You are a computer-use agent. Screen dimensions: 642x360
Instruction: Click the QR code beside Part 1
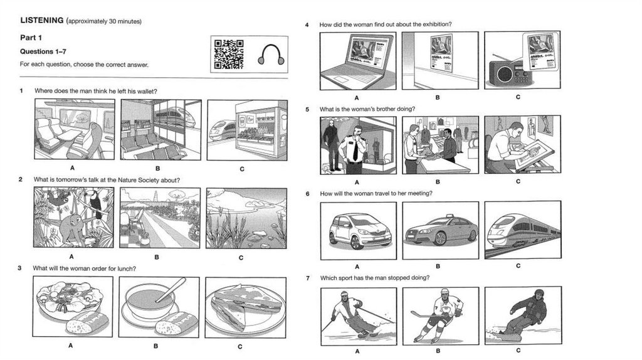[x=228, y=54]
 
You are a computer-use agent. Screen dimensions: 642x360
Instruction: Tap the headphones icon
[x=271, y=55]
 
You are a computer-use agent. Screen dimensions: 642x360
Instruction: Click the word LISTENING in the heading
[x=42, y=20]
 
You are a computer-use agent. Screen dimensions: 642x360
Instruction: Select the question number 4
[x=307, y=24]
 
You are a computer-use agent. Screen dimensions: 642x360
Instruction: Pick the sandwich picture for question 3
[x=246, y=308]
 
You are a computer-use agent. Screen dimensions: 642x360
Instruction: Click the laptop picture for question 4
[x=358, y=61]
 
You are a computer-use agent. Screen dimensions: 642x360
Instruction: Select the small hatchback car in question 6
[x=360, y=231]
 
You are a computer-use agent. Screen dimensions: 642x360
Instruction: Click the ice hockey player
[x=438, y=315]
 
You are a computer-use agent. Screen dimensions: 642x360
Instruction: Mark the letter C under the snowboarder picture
[x=518, y=350]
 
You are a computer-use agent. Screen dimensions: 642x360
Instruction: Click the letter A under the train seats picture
[x=73, y=168]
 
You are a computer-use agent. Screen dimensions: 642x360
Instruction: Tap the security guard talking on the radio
[x=354, y=149]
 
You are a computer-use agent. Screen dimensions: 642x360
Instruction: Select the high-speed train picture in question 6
[x=523, y=230]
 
